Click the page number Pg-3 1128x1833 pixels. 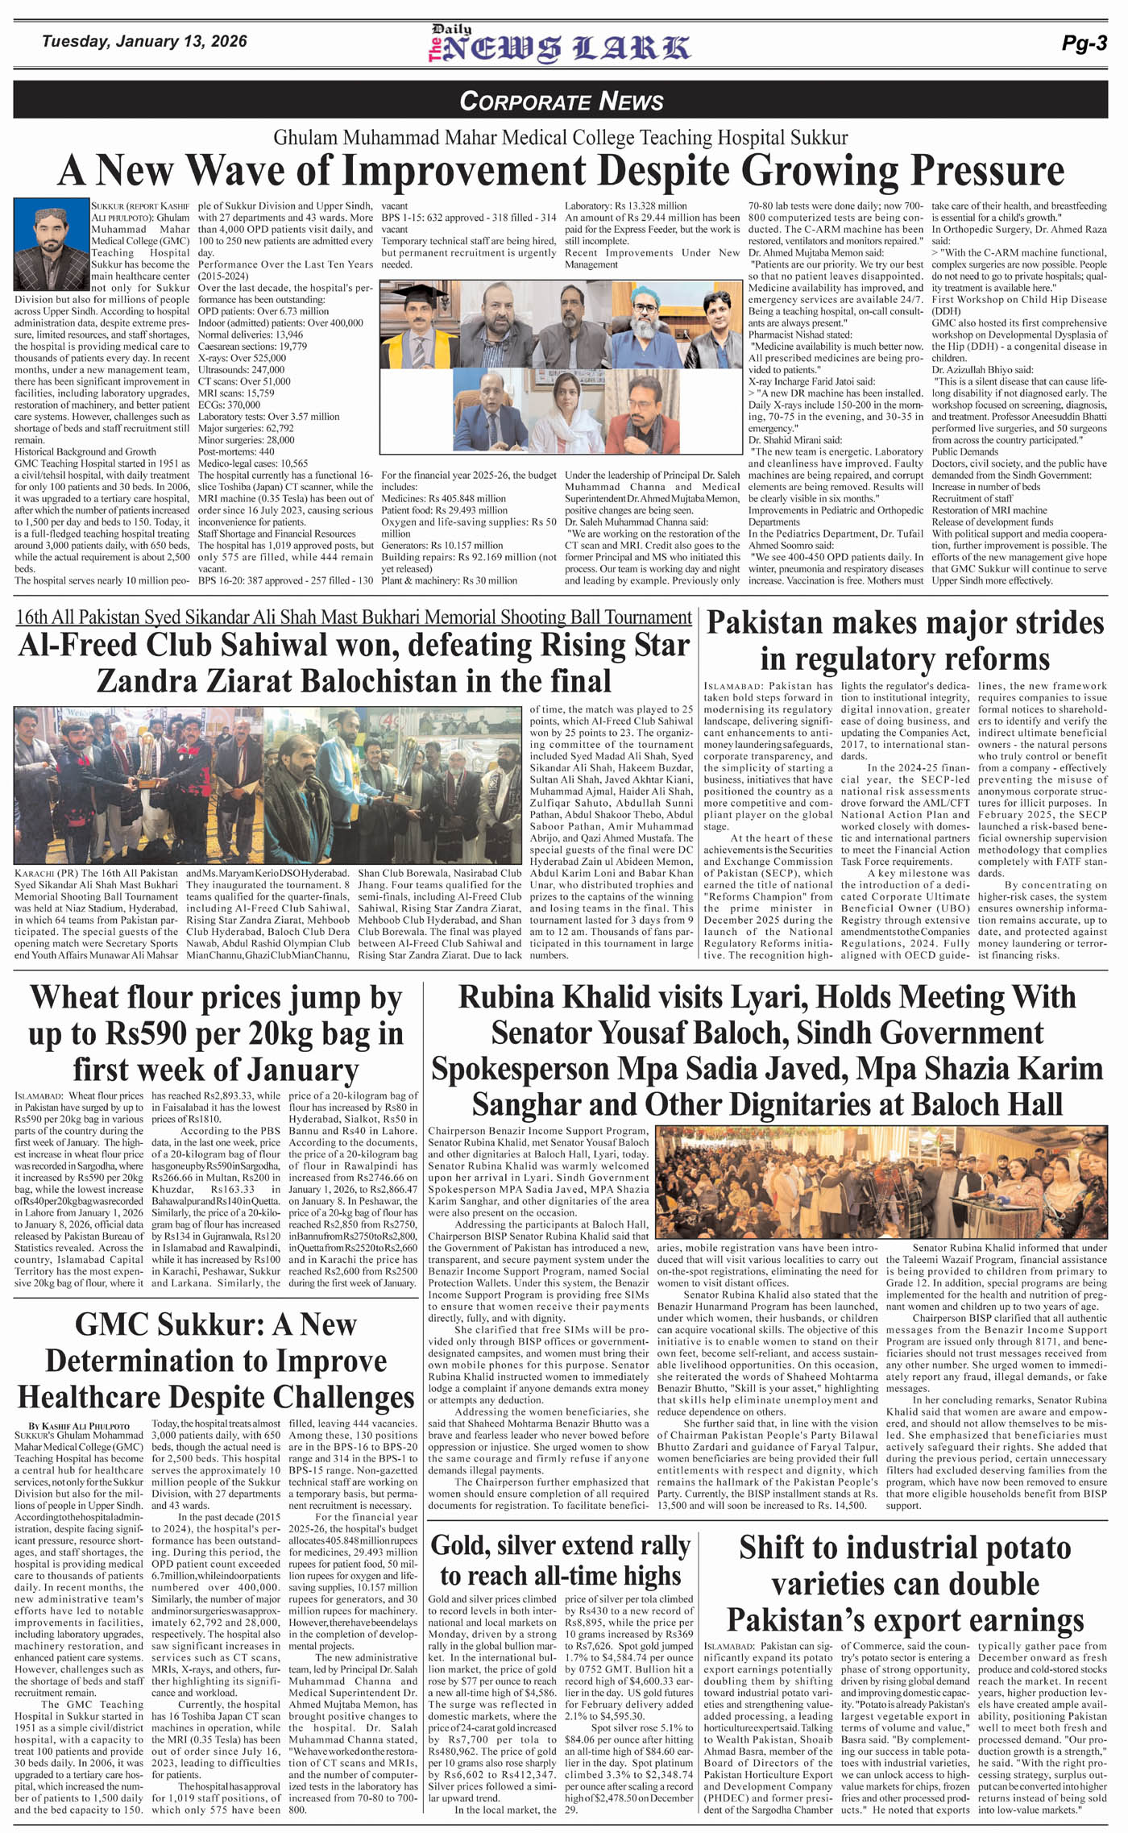click(1084, 44)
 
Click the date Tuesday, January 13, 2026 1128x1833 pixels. click(144, 41)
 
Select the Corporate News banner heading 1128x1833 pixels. click(562, 101)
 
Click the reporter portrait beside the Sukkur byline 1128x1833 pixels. click(51, 245)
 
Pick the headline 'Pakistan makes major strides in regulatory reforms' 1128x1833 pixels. click(905, 641)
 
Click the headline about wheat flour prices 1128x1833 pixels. click(215, 1033)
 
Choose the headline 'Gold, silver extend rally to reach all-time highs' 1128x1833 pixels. click(561, 1560)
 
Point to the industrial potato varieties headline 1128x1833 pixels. click(905, 1583)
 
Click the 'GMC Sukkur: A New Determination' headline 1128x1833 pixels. click(215, 1360)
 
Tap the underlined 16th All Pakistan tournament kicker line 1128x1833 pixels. click(353, 617)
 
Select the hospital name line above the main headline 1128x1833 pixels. click(561, 137)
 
